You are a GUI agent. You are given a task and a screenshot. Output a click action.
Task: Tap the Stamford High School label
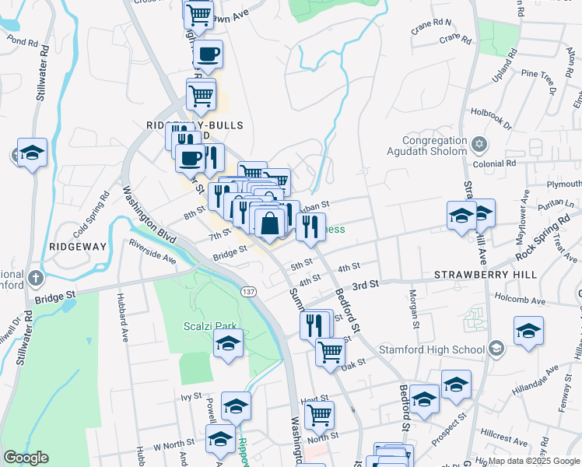tap(431, 349)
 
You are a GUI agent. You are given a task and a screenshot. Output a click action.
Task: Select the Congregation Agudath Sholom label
tap(426, 146)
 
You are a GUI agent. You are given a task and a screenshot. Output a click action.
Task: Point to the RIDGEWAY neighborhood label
tap(77, 245)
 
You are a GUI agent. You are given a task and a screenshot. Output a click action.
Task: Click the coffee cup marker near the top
tap(208, 54)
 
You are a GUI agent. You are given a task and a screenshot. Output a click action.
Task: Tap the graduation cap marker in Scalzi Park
tap(228, 343)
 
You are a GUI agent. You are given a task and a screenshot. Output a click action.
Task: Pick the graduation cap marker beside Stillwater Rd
tap(32, 153)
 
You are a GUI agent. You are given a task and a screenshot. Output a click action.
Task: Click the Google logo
tap(26, 458)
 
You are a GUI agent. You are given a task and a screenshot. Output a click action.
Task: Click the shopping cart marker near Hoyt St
tap(318, 415)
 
